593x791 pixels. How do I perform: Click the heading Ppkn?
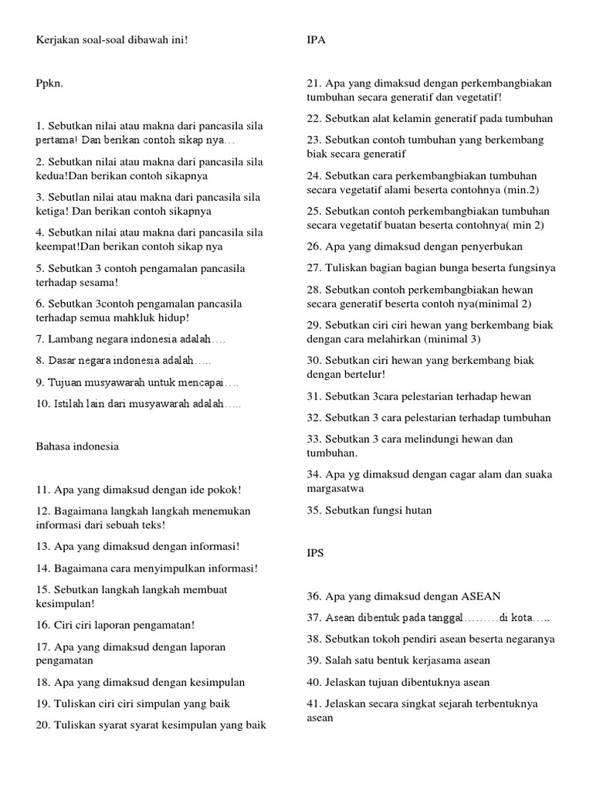click(x=49, y=83)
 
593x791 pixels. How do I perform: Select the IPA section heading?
click(x=316, y=40)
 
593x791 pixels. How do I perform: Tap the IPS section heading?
click(x=315, y=553)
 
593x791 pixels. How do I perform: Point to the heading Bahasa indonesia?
click(x=77, y=446)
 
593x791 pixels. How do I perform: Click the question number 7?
click(x=40, y=338)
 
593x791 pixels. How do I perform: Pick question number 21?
click(x=313, y=83)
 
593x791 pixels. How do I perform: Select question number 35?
click(x=313, y=511)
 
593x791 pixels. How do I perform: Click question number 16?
click(x=43, y=625)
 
